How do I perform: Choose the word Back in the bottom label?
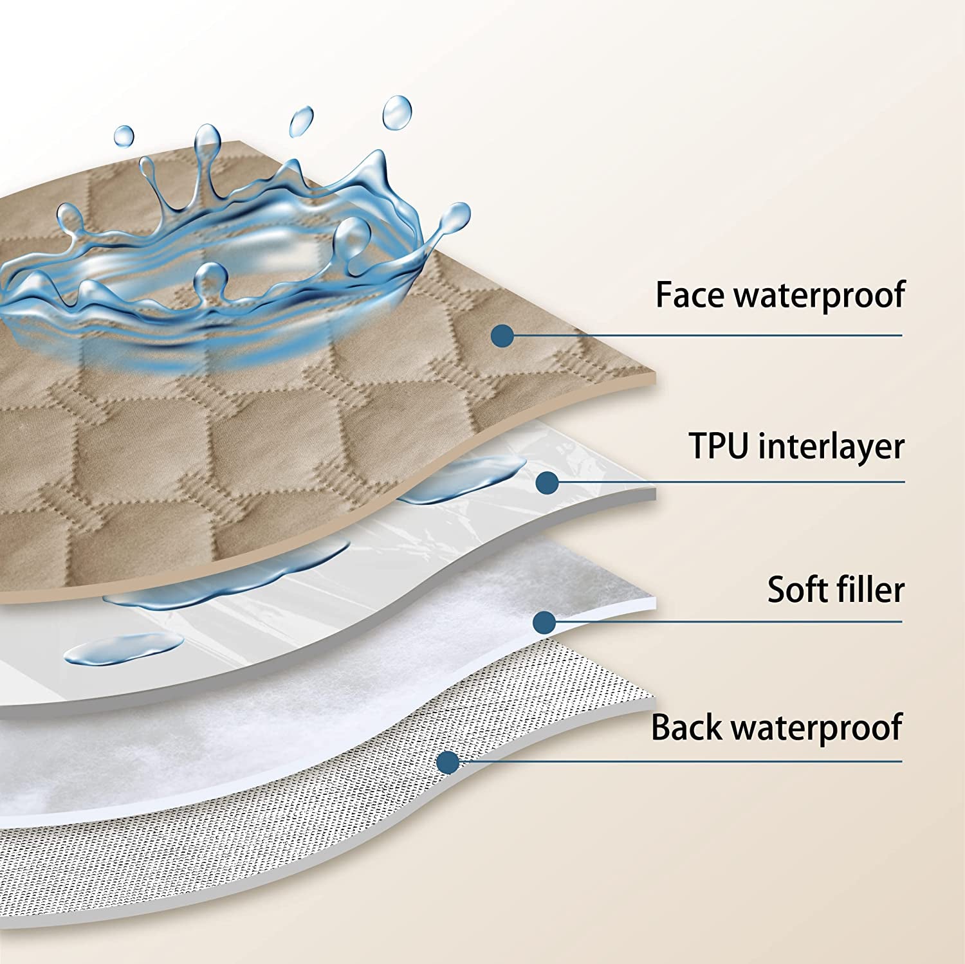[686, 727]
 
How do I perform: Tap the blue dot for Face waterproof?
[502, 335]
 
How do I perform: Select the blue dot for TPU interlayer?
[547, 482]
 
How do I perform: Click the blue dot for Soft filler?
[545, 621]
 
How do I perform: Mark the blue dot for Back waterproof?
[448, 762]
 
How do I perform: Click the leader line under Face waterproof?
[708, 335]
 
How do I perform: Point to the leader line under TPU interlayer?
[727, 482]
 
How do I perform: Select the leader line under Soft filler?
[727, 621]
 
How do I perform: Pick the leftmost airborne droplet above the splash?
[124, 136]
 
